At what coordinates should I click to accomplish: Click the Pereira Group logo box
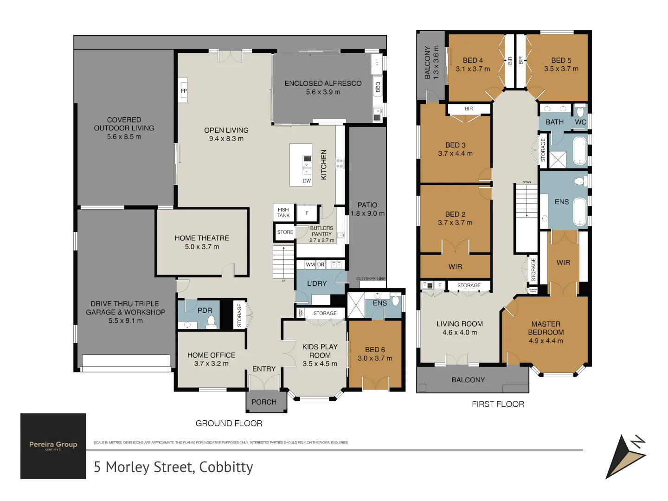click(53, 446)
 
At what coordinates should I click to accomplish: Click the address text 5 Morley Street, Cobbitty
click(173, 467)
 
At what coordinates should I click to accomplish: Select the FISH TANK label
click(283, 212)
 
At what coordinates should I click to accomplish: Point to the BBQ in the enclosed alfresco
click(378, 87)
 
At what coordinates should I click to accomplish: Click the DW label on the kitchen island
click(307, 181)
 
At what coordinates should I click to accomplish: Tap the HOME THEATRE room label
click(202, 238)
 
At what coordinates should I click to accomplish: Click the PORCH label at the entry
click(264, 402)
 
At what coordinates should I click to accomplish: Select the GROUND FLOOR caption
click(229, 423)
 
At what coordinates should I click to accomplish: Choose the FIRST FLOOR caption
click(498, 404)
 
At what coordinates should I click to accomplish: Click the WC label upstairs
click(580, 122)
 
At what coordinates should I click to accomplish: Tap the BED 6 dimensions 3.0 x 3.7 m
click(375, 358)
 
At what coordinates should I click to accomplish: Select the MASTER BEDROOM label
click(546, 328)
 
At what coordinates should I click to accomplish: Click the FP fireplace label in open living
click(184, 91)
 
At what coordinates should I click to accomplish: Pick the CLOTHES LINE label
click(371, 279)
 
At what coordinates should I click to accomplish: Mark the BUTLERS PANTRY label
click(321, 231)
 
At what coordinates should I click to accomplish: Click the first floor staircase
click(526, 204)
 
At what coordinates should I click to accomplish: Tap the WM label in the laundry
click(310, 264)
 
